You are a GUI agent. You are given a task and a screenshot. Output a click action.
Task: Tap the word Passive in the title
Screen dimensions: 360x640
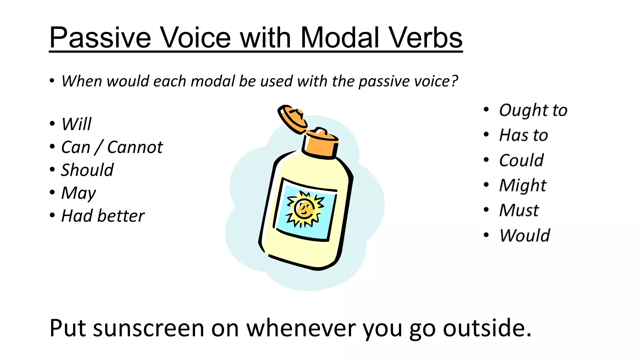tap(100, 37)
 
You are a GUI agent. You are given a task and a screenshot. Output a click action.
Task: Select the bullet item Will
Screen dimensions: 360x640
tap(76, 124)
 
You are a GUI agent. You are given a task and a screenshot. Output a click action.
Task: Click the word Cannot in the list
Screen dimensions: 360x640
tap(135, 147)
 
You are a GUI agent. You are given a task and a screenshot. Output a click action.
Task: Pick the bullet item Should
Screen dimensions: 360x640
tap(87, 170)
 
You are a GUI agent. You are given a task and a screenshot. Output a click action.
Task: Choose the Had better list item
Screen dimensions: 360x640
tap(103, 216)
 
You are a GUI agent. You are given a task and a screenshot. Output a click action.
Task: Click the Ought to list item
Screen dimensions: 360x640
tap(533, 110)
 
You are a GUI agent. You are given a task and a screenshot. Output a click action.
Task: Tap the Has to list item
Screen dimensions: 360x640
tap(523, 135)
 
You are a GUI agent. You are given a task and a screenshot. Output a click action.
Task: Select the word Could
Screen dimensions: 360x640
tap(521, 160)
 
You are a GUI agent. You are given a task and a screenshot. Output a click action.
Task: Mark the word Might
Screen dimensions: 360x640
tap(523, 186)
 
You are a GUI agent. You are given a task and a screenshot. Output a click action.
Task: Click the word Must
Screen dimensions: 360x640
tap(519, 210)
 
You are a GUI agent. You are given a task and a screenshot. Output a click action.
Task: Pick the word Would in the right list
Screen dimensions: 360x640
tap(525, 235)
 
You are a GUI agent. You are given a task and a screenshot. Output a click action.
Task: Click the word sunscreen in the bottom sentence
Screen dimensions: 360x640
tap(149, 328)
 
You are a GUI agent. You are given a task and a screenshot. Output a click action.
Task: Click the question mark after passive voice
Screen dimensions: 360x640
tap(454, 81)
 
